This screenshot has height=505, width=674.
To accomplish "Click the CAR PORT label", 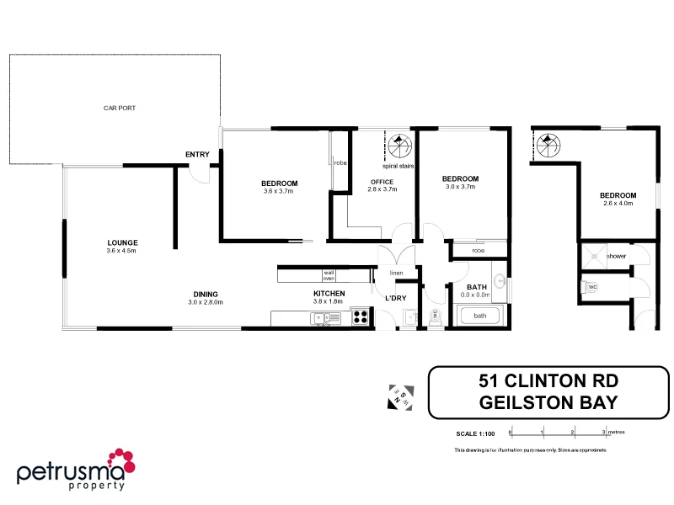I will coord(120,109).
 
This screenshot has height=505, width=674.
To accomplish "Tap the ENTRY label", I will coord(197,154).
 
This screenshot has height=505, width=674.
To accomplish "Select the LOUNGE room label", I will coord(121,242).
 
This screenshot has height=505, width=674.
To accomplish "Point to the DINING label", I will coord(205,294).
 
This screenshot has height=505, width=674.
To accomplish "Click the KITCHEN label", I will coord(329,294).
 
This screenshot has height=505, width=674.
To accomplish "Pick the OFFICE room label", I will coord(382,182).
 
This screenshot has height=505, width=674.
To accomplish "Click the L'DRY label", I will coord(396,299).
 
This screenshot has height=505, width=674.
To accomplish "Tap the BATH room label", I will coord(478,288).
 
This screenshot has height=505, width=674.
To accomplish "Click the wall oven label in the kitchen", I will coord(329,275).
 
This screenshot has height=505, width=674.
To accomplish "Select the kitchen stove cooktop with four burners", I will coord(361,317).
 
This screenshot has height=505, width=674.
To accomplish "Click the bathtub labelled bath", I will coord(479,316).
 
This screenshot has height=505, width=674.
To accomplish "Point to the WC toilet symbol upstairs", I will coord(592,287).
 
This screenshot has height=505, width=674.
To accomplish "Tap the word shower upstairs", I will coord(616,256).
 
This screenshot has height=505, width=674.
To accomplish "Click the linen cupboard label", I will coord(396,273).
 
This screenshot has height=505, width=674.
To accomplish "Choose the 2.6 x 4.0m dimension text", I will coord(617,203).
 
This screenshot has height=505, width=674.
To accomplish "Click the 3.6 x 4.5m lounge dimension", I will coord(121,251).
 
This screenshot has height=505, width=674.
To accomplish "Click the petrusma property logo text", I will coord(72,473).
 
